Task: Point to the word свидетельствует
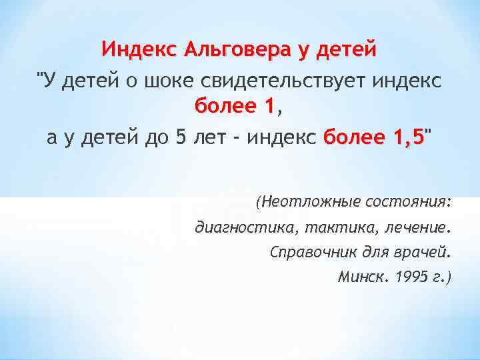[x=273, y=81]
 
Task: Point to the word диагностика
[x=246, y=229]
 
